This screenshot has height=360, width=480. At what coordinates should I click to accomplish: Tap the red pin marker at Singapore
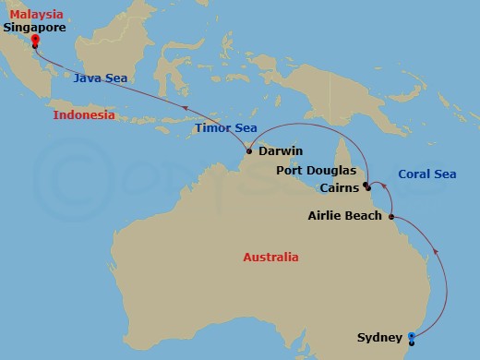coord(34,40)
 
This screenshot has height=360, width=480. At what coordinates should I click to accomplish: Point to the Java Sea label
coord(101,78)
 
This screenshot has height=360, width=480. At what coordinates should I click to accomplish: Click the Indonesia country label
coord(84,115)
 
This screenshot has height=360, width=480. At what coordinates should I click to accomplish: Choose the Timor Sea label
coord(225,128)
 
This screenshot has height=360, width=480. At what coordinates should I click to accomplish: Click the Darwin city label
coord(281,150)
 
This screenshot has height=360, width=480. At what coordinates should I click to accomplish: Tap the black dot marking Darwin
coord(249,150)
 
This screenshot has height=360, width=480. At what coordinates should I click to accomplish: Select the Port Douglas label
coord(315,171)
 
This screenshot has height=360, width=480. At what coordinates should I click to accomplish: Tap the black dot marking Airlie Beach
coord(392,217)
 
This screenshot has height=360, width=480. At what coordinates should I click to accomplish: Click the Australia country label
coord(270,257)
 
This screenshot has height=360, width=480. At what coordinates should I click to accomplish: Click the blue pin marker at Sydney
coord(412,338)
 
